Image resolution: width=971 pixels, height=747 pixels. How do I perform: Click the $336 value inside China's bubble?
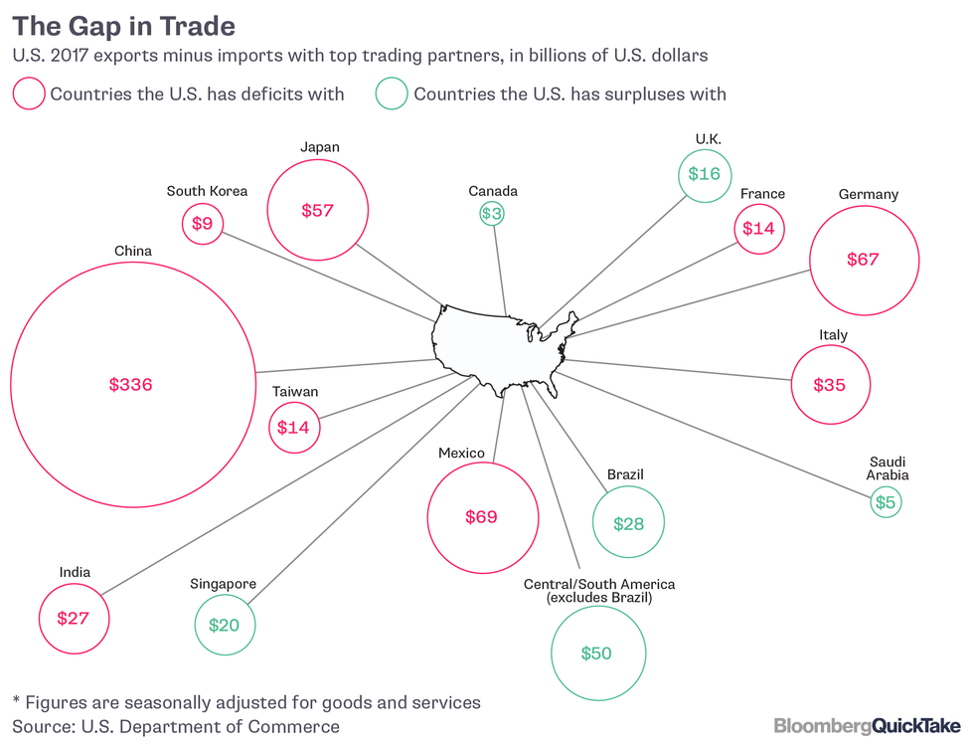point(130,385)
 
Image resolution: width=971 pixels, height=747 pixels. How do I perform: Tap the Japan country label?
point(319,147)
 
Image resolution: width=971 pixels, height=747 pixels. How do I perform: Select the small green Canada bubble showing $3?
point(491,213)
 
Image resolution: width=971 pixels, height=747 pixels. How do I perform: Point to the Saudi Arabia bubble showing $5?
point(885,503)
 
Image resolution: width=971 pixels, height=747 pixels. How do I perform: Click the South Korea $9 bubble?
point(202,224)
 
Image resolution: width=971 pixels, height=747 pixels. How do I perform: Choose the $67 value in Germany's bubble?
point(863,260)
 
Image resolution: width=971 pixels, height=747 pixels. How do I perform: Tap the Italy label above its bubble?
point(833,334)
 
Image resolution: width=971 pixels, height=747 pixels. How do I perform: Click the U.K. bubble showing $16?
point(704,174)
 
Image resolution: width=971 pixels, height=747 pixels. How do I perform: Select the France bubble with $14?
point(758,229)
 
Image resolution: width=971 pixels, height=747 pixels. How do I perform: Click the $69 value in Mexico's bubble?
point(482,517)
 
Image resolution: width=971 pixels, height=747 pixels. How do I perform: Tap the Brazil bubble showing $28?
point(628,523)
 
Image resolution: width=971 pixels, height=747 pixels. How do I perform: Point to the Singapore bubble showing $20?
point(224,626)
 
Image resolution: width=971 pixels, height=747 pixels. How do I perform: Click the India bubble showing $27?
point(74,619)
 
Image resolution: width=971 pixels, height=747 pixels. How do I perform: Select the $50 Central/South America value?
point(596,654)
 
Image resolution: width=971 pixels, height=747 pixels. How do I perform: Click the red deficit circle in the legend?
point(28,94)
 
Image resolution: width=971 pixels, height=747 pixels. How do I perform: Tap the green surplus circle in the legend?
point(392,94)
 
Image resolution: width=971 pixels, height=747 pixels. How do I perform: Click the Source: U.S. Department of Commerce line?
point(176,727)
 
